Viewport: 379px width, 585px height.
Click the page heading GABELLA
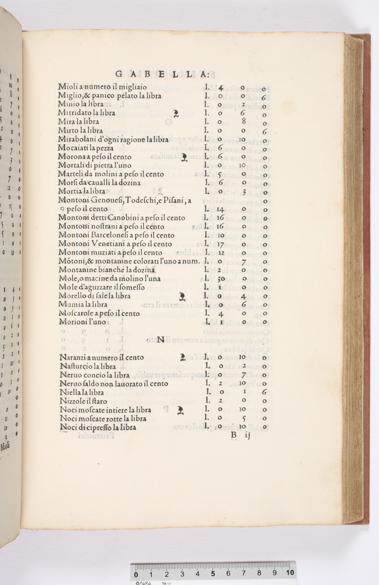coord(162,74)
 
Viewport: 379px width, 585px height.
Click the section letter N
coord(160,340)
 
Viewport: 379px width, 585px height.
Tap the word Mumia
coord(70,304)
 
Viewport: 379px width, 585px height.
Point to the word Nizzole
coord(72,401)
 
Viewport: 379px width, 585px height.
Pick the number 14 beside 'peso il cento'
coord(219,209)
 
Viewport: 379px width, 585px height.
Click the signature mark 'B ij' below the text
coord(241,436)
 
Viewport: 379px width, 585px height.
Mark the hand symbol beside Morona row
coord(184,158)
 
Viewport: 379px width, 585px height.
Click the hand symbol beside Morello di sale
coord(184,296)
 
